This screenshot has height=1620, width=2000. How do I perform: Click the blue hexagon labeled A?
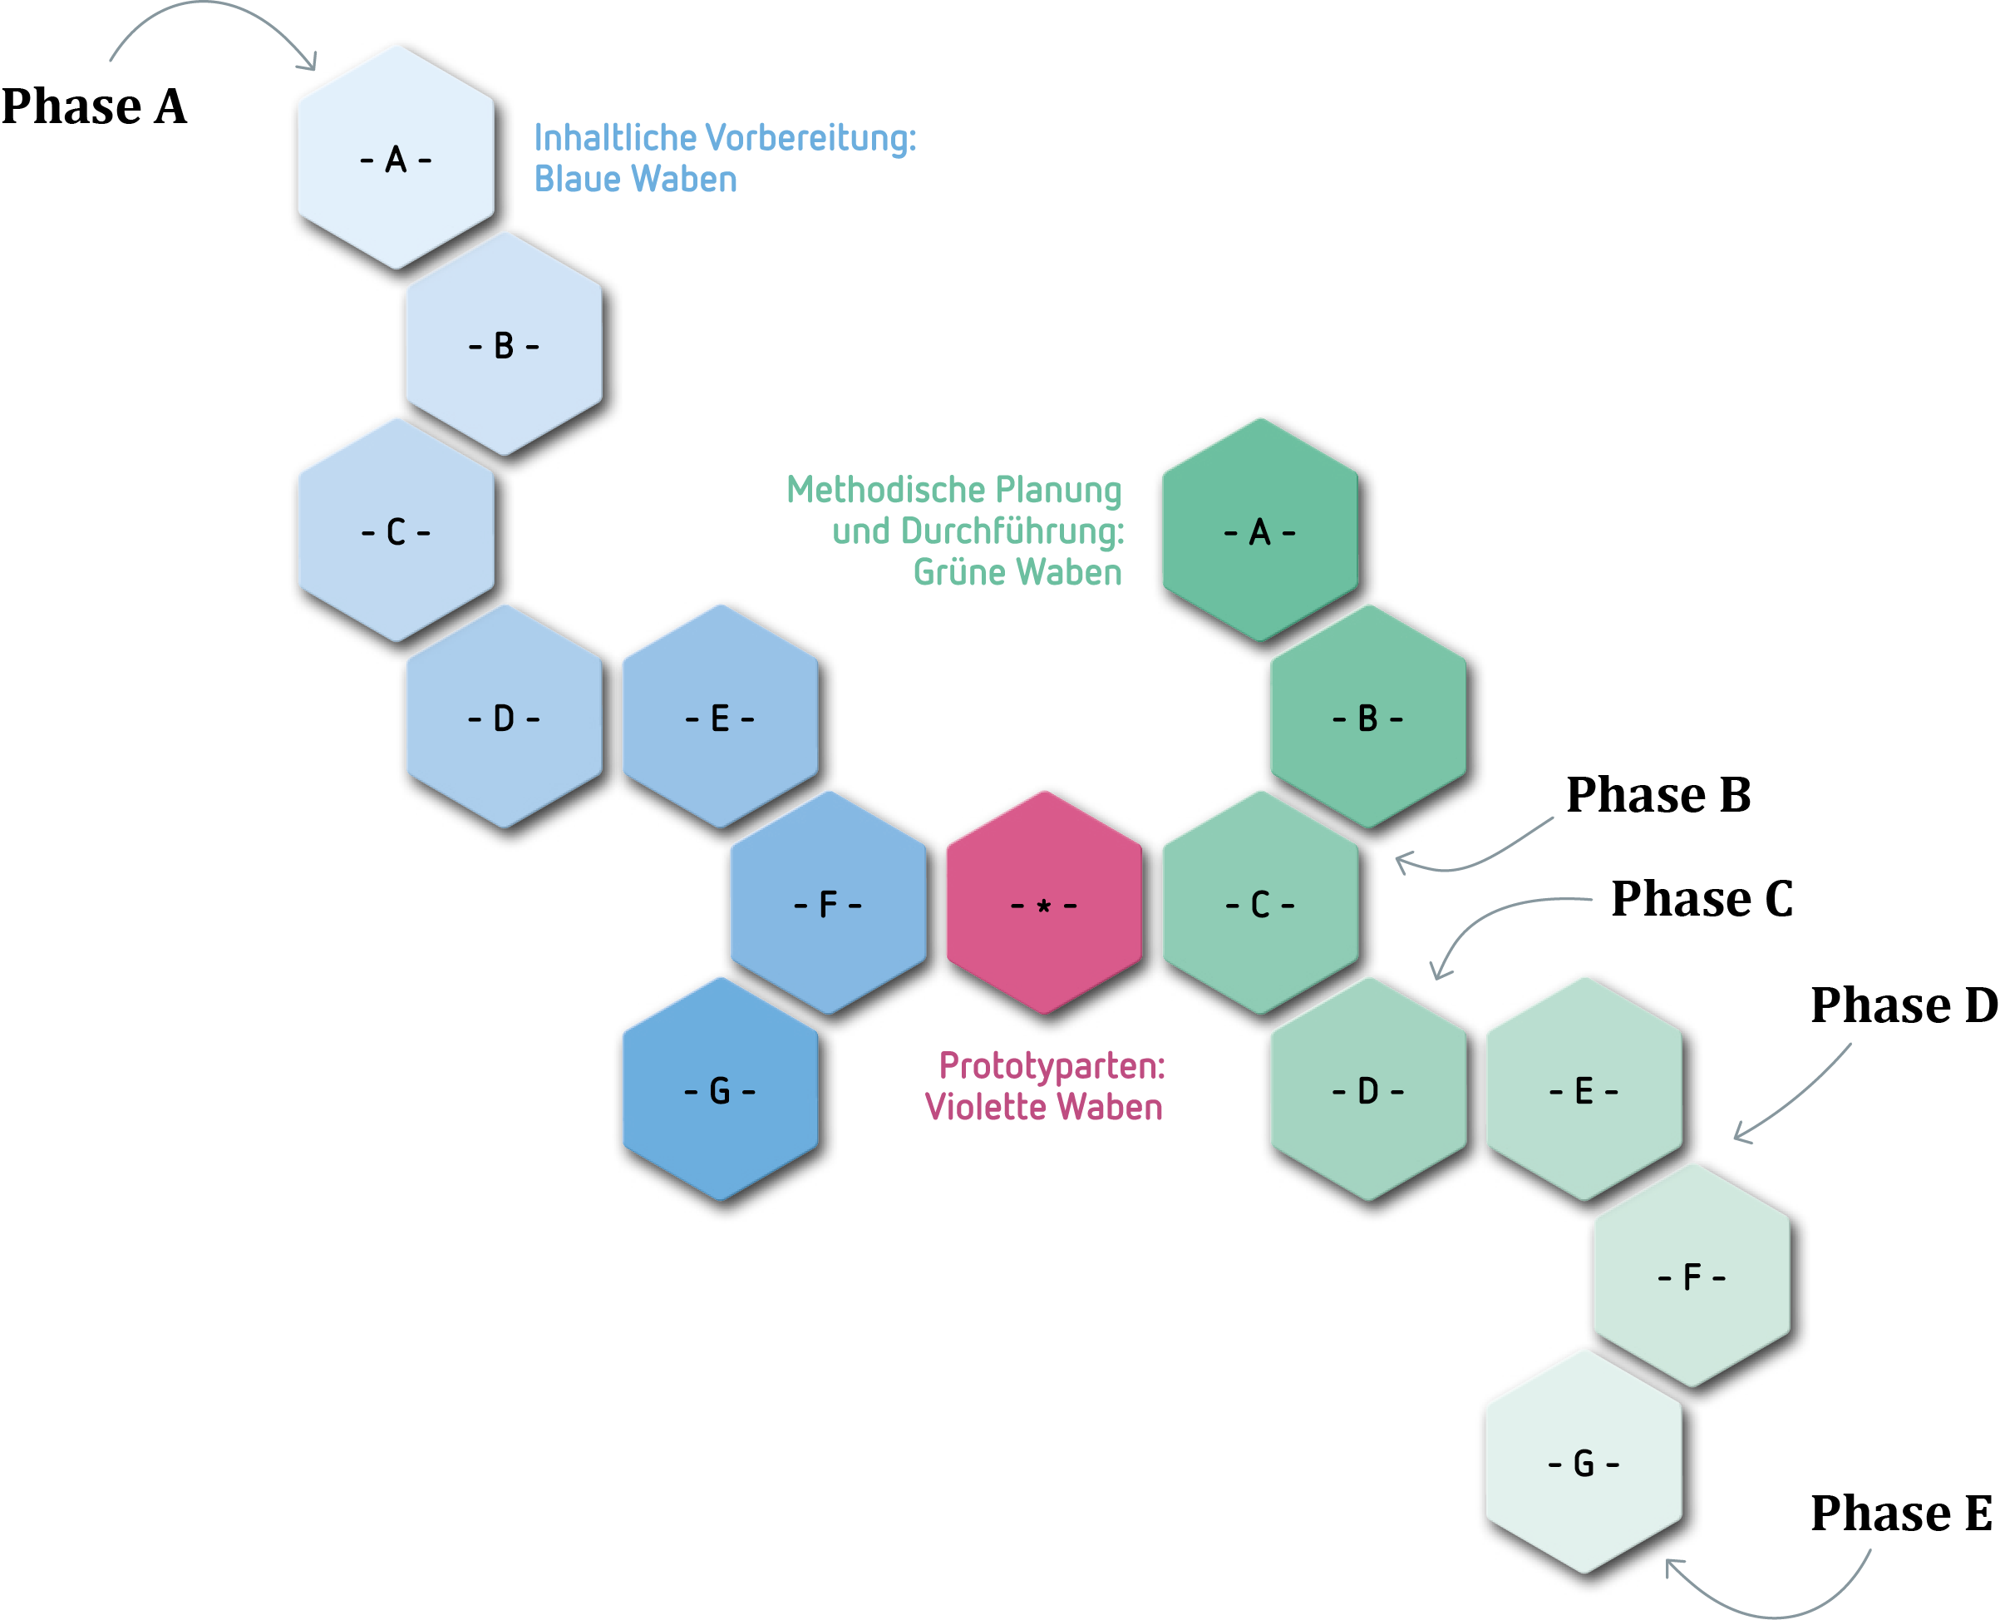click(x=396, y=159)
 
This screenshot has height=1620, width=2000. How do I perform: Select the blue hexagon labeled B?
click(x=504, y=345)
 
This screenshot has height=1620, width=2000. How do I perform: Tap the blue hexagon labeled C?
click(x=396, y=532)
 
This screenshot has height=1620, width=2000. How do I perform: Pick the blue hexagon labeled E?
click(x=719, y=719)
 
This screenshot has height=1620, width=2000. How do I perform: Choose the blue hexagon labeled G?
click(x=719, y=1090)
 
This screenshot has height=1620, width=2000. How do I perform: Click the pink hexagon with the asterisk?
click(x=1044, y=904)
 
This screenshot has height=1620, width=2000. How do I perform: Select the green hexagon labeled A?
click(x=1259, y=532)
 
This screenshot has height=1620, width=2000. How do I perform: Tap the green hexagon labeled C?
click(x=1259, y=904)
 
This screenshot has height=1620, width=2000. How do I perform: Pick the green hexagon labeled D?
click(x=1367, y=1090)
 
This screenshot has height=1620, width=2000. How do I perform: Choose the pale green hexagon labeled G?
click(x=1583, y=1462)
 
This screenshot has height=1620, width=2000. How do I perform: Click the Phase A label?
click(x=93, y=106)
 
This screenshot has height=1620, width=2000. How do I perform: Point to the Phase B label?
click(x=1658, y=795)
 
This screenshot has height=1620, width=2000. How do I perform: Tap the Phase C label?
click(x=1702, y=899)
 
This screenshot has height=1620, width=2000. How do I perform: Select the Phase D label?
click(x=1903, y=1005)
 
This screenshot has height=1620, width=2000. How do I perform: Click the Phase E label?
click(x=1901, y=1513)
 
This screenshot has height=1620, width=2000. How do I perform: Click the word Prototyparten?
click(x=1052, y=1065)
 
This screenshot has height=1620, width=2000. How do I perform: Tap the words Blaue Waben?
click(x=635, y=179)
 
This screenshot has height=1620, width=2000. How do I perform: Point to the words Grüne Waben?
click(x=1017, y=572)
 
